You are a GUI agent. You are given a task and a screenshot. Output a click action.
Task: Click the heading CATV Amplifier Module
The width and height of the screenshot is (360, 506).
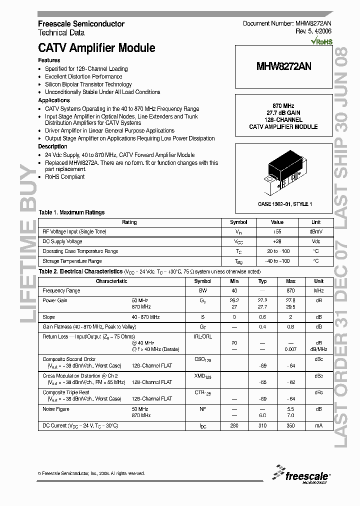[96, 48]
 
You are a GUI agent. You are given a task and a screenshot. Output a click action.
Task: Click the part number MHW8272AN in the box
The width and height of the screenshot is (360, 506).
[283, 66]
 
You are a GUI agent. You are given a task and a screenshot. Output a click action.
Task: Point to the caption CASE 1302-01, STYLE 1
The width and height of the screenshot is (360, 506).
[284, 204]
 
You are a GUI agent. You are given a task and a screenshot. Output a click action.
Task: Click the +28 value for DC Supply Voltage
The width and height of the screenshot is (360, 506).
[277, 241]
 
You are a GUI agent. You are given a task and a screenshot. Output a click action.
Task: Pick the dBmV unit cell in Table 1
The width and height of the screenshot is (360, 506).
[316, 232]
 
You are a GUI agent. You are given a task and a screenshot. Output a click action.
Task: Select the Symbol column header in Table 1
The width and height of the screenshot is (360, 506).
[238, 222]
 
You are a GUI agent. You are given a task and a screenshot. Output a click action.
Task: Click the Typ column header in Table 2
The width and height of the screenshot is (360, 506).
[262, 281]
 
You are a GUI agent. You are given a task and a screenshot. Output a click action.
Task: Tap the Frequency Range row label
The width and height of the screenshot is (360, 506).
[61, 291]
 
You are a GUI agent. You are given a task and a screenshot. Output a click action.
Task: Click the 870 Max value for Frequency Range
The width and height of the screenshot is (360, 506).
[290, 291]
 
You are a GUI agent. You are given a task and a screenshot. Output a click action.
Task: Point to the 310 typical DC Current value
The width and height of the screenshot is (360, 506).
[262, 425]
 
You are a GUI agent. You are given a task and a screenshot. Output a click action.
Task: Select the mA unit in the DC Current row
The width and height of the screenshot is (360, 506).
[318, 425]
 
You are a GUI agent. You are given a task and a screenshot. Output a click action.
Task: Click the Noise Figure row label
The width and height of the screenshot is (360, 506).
[56, 409]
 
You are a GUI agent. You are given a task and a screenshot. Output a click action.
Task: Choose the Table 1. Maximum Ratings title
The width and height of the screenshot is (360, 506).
[71, 212]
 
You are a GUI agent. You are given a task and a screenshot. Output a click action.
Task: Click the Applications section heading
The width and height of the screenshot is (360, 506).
[54, 100]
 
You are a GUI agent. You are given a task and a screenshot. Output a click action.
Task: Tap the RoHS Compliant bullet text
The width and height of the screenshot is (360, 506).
[65, 176]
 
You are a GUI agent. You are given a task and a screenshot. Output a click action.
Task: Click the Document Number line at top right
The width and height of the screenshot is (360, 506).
[287, 23]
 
